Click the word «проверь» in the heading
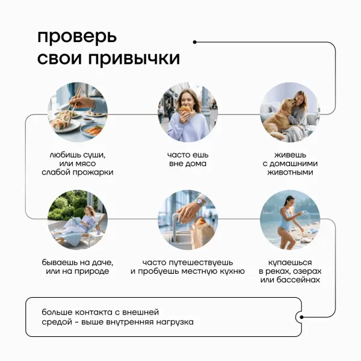click(x=77, y=37)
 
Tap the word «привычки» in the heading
click(x=134, y=58)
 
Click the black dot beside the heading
click(x=195, y=42)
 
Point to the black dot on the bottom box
click(x=301, y=317)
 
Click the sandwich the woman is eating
click(x=185, y=109)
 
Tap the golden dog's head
click(x=285, y=105)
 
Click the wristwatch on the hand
click(x=200, y=202)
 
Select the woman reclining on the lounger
click(x=78, y=221)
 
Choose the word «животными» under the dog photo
click(x=290, y=172)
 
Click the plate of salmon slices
click(x=93, y=131)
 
